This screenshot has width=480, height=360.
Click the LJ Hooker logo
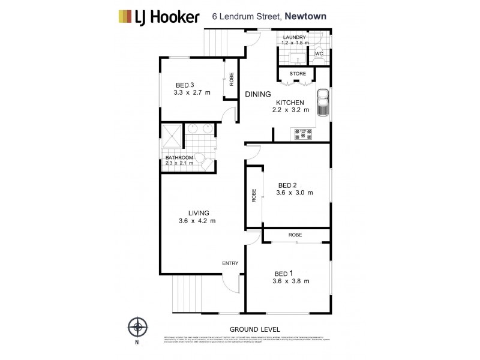pyautogui.click(x=158, y=16)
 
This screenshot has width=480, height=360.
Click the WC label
pyautogui.click(x=319, y=53)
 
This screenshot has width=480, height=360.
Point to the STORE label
pyautogui.click(x=298, y=74)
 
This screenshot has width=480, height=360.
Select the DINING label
pyautogui.click(x=258, y=94)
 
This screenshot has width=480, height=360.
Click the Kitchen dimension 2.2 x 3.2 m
pyautogui.click(x=290, y=110)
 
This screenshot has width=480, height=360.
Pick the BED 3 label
pyautogui.click(x=185, y=85)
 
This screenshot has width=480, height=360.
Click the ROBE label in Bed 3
pyautogui.click(x=231, y=79)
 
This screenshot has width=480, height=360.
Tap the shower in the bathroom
pyautogui.click(x=171, y=134)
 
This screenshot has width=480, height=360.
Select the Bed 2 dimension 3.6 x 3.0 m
pyautogui.click(x=294, y=193)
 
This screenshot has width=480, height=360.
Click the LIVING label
pyautogui.click(x=198, y=213)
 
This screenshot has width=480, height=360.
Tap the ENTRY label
pyautogui.click(x=230, y=263)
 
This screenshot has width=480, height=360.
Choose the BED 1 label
pyautogui.click(x=283, y=274)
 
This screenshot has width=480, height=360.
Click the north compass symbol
pyautogui.click(x=138, y=328)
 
